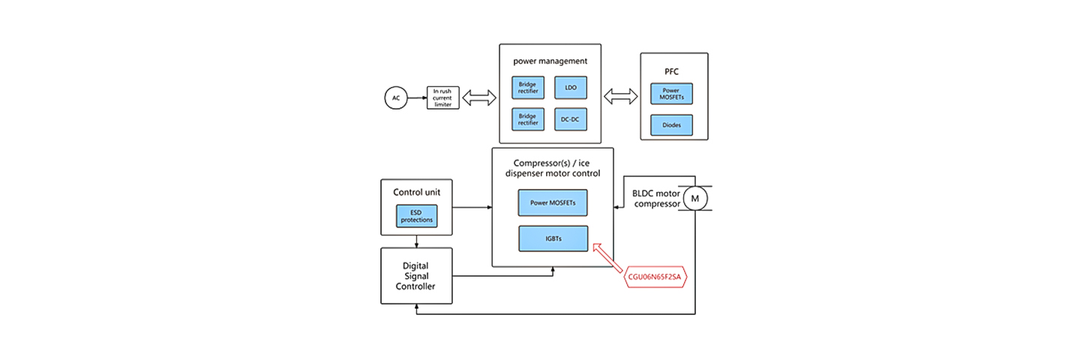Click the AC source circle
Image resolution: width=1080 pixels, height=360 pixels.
(x=396, y=98)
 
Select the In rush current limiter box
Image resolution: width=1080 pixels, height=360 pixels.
(x=442, y=98)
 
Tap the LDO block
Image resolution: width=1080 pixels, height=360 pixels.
(x=570, y=88)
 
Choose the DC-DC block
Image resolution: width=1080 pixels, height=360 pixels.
(x=570, y=120)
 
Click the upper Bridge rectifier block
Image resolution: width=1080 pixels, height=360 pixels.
(x=528, y=88)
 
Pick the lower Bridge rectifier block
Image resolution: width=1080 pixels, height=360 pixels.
(x=528, y=120)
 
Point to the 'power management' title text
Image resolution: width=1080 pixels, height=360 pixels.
(x=550, y=61)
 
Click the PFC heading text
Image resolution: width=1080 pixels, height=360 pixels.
(x=672, y=72)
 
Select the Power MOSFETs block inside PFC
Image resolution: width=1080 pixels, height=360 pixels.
(x=672, y=94)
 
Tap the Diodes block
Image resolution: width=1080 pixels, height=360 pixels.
(x=672, y=125)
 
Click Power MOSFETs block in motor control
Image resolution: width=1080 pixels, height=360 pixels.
(x=553, y=202)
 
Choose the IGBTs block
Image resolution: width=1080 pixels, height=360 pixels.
(x=553, y=238)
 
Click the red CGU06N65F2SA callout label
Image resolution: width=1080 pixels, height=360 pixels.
(x=655, y=277)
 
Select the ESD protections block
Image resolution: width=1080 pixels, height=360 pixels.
(x=416, y=217)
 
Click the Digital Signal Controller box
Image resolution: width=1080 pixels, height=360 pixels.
(x=416, y=275)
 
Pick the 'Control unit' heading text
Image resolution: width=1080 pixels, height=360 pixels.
(x=416, y=192)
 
